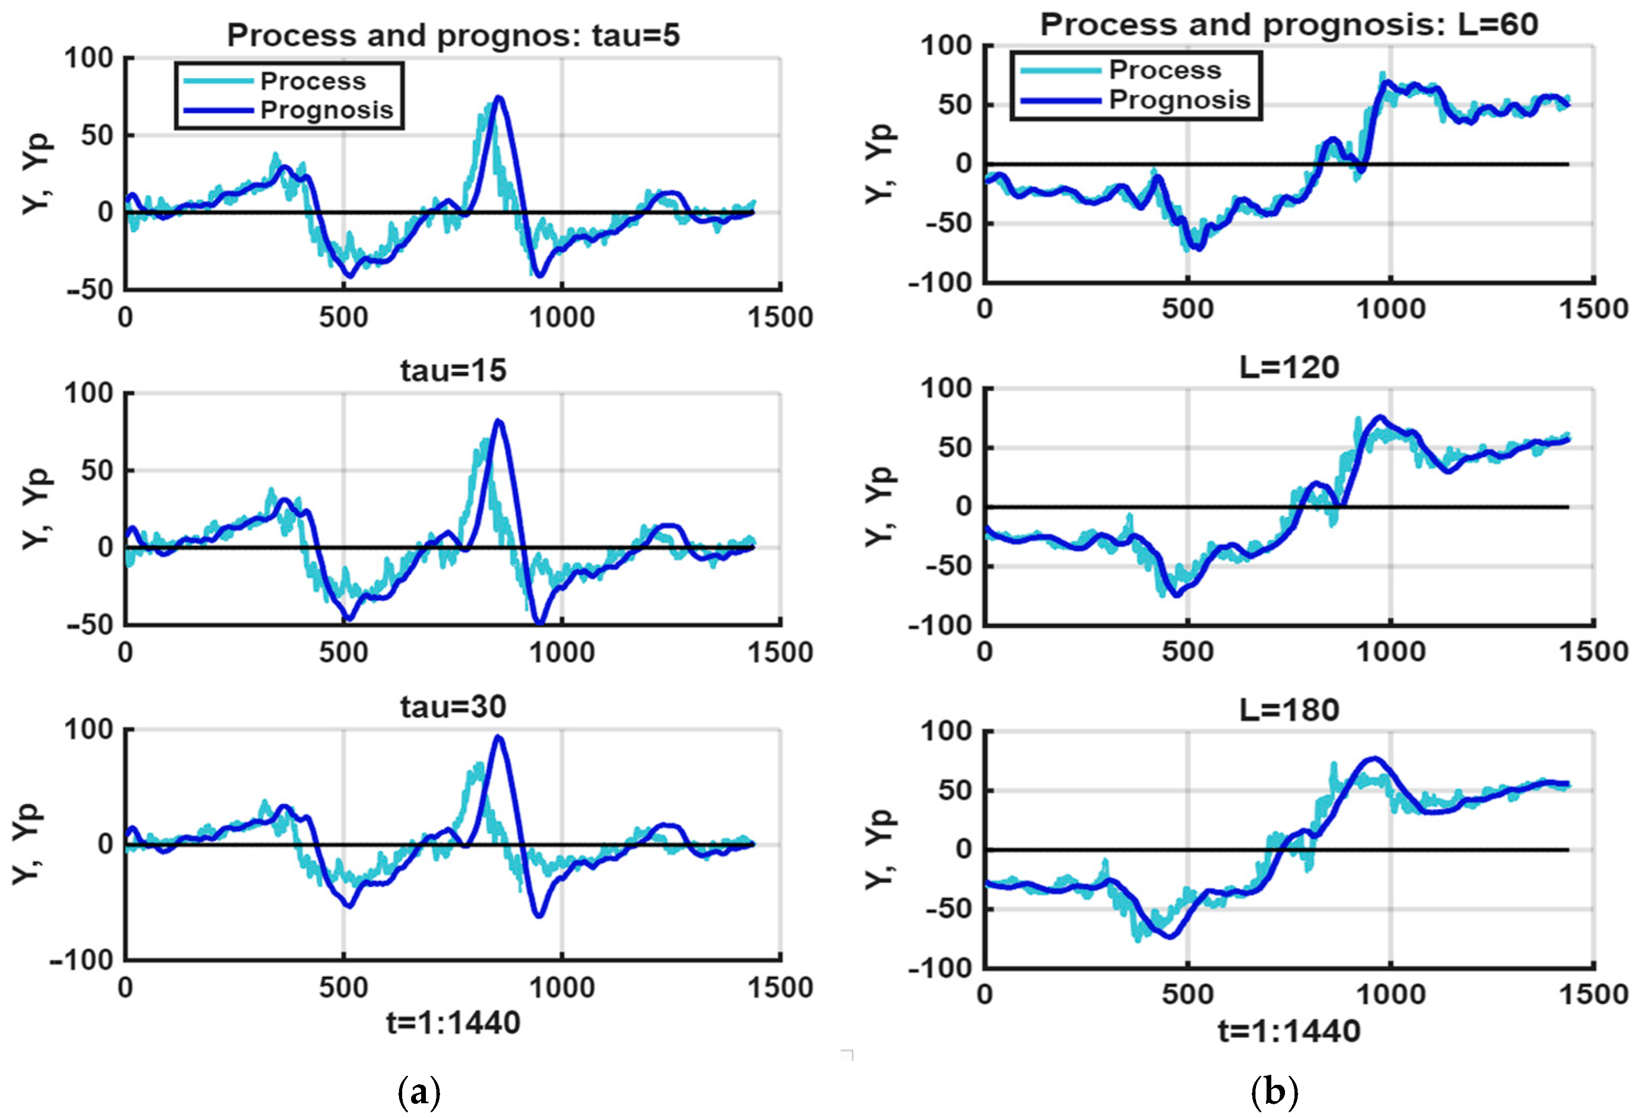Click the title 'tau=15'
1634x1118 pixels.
point(453,371)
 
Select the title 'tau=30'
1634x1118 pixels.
point(453,707)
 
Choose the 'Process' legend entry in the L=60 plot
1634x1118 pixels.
point(1165,71)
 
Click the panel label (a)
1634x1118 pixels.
point(419,1093)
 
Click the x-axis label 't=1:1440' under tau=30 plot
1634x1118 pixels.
point(453,1023)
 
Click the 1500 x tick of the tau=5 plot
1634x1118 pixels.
point(780,318)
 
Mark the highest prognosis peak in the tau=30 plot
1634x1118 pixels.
point(499,737)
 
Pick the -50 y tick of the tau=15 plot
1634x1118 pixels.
point(91,625)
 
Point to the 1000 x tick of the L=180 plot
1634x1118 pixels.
point(1390,995)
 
